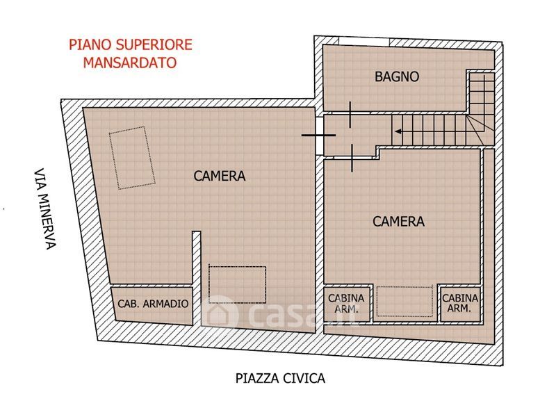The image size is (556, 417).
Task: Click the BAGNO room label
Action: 397,76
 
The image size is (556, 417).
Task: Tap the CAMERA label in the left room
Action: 220,176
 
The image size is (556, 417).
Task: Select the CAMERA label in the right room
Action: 398,222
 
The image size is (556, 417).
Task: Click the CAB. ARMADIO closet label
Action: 153,304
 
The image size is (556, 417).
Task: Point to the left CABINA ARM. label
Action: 346,303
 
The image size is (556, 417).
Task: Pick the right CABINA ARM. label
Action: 460,303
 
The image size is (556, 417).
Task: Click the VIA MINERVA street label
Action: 45,209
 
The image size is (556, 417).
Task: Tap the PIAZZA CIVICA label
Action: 280,378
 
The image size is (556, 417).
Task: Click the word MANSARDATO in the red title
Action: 130,63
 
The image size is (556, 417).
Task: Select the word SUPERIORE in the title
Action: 154,45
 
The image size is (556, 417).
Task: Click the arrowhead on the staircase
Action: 398,131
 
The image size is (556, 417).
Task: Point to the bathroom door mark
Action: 350,115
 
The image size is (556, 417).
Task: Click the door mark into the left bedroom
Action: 318,135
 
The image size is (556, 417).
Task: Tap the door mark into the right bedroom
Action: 352,158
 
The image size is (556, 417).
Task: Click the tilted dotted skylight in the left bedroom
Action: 132,158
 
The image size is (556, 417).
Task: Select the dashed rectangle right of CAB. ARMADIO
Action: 237,285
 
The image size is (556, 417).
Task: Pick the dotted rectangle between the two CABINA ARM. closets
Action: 404,301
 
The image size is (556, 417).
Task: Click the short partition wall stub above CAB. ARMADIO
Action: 197,259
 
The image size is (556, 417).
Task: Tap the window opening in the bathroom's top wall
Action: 363,41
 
